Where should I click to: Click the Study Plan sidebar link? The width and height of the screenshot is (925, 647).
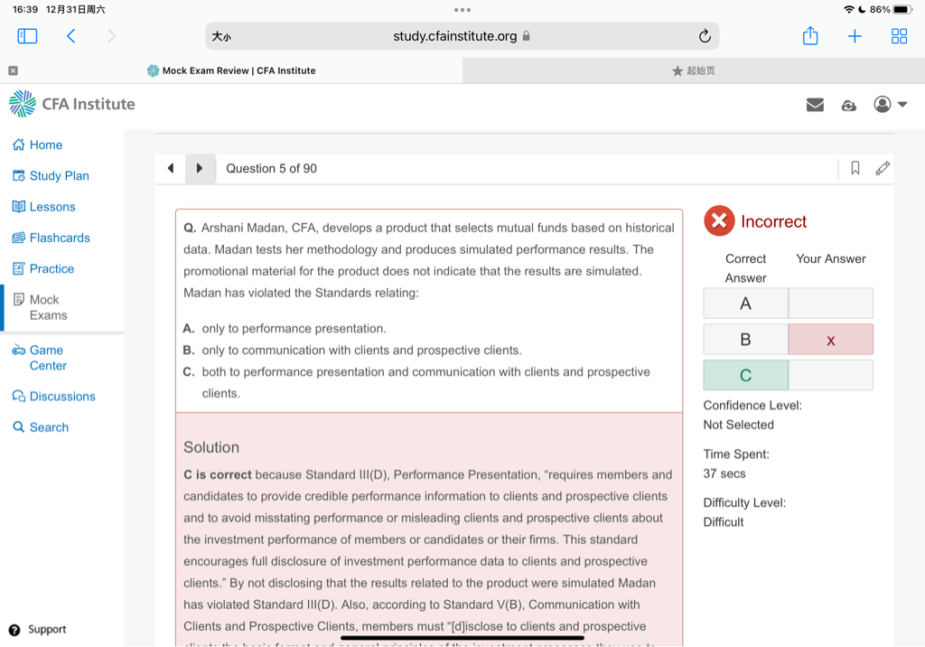[x=59, y=176]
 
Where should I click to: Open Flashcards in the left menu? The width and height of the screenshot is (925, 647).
[x=60, y=238]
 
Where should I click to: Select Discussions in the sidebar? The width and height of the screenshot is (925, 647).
[x=61, y=397]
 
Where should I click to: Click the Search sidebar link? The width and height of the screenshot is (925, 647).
[x=49, y=427]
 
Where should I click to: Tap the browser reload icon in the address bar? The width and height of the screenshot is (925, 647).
[x=705, y=36]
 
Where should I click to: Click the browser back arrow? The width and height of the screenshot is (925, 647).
[x=71, y=36]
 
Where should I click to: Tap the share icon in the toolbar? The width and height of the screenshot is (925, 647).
[x=810, y=36]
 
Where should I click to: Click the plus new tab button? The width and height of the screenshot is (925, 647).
[x=855, y=36]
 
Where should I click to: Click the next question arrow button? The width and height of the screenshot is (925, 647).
[x=200, y=168]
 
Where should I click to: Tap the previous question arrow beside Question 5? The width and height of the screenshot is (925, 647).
[x=171, y=168]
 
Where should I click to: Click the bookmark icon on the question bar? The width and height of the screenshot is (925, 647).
[x=855, y=168]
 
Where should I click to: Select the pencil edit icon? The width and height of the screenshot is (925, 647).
[x=883, y=168]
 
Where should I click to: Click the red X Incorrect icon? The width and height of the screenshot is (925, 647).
[x=719, y=221]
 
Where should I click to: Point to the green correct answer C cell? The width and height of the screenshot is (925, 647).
[x=745, y=375]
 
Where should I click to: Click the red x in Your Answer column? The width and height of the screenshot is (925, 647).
[x=830, y=340]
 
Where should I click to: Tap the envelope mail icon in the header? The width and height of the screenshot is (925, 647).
[x=815, y=105]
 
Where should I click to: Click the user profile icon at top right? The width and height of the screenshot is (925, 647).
[x=883, y=105]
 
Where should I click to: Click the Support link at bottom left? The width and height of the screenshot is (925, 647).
[x=46, y=630]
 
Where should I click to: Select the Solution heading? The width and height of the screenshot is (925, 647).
[x=211, y=447]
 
